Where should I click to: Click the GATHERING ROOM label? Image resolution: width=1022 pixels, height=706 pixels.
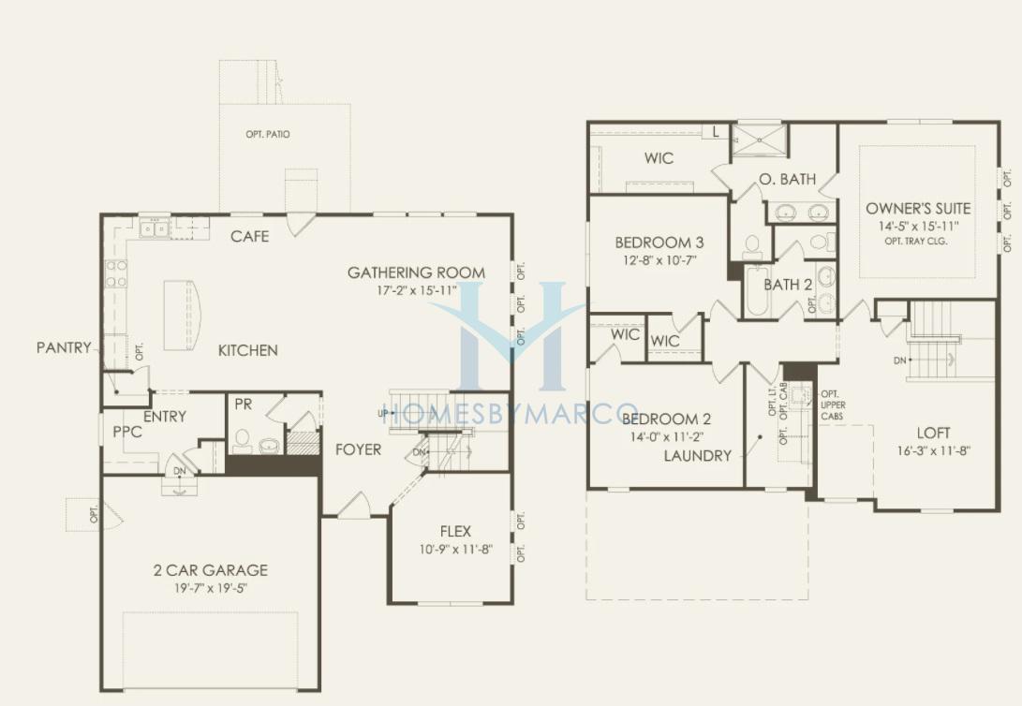coord(416,272)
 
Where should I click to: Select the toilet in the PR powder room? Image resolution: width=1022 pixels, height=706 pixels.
coord(243,440)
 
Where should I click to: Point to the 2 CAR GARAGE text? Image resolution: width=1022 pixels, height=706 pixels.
coord(211,570)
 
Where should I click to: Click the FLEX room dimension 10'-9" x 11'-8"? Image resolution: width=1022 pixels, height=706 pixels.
coord(455,550)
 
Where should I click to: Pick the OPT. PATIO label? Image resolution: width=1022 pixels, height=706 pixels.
coord(268,134)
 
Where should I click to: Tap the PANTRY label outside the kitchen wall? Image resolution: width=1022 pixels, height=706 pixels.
coord(64,347)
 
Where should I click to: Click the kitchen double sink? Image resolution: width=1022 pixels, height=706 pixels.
coord(155,228)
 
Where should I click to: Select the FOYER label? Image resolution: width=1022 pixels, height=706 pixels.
coord(359,449)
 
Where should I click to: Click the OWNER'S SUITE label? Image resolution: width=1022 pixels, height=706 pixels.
coord(918,209)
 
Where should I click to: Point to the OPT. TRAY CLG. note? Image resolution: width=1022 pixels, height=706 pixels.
coord(916,241)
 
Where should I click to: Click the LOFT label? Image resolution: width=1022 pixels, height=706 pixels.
coord(933,434)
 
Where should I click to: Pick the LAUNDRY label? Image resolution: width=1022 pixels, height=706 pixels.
coord(697,456)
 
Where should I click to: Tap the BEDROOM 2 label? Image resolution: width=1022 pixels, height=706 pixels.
coord(666,419)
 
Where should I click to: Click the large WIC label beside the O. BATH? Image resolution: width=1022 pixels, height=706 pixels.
coord(659,158)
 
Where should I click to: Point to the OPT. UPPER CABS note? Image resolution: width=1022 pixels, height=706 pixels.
coord(832,405)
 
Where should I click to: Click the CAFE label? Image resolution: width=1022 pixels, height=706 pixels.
coord(249,236)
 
